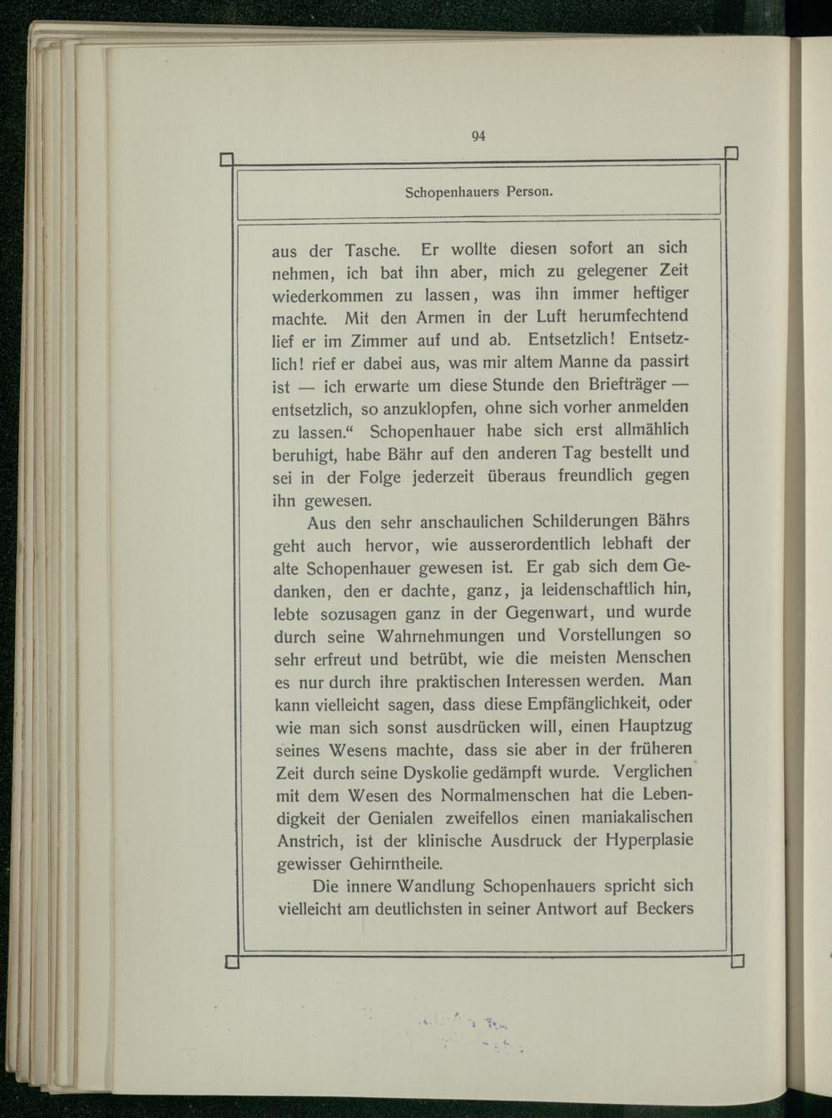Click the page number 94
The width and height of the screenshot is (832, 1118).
pos(478,136)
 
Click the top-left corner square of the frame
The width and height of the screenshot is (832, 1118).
pos(226,160)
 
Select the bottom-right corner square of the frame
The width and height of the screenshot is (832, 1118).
pos(737,962)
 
